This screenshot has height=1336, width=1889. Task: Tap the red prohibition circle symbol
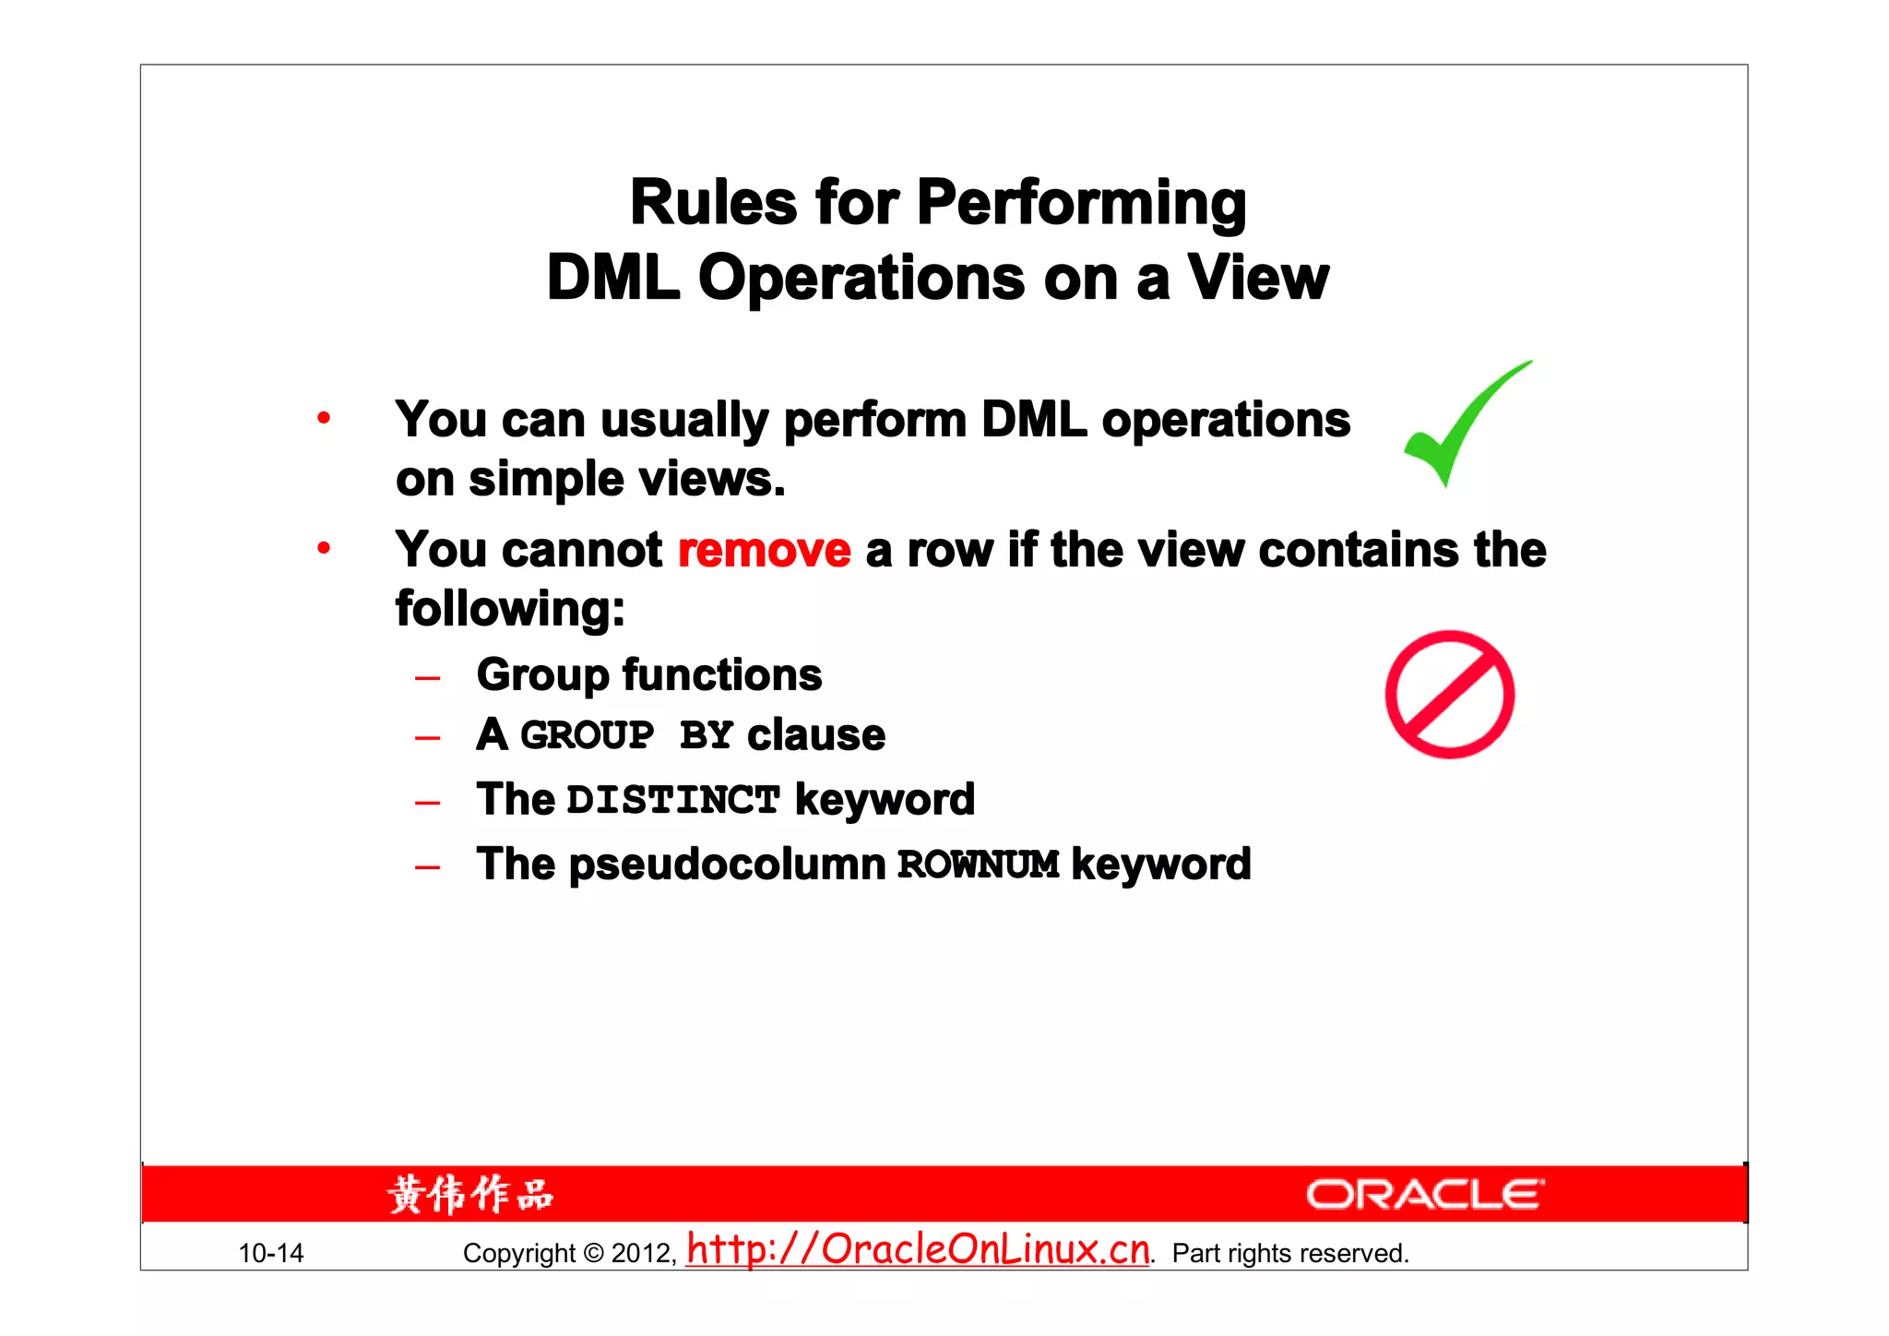click(x=1449, y=695)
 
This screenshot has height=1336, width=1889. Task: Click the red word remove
click(x=764, y=551)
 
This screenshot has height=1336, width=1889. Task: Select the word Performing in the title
click(x=1081, y=205)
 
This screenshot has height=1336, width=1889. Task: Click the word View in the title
click(x=1257, y=278)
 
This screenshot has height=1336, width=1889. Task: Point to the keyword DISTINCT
click(x=673, y=800)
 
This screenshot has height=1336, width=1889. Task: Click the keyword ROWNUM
click(x=978, y=865)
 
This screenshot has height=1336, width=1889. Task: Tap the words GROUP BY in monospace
click(x=626, y=736)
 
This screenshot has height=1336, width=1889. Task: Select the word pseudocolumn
click(x=727, y=865)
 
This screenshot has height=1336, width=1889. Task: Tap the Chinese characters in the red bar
click(x=470, y=1195)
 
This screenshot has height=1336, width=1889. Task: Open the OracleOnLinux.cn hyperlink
click(x=918, y=1249)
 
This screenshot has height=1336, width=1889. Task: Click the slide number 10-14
click(x=270, y=1253)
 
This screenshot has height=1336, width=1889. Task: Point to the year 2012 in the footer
click(x=643, y=1253)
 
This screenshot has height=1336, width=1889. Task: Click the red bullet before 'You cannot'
click(x=323, y=549)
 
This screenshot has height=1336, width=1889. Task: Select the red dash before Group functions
click(x=427, y=679)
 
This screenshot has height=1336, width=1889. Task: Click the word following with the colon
click(x=510, y=610)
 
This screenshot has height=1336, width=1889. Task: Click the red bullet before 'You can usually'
click(x=323, y=419)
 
